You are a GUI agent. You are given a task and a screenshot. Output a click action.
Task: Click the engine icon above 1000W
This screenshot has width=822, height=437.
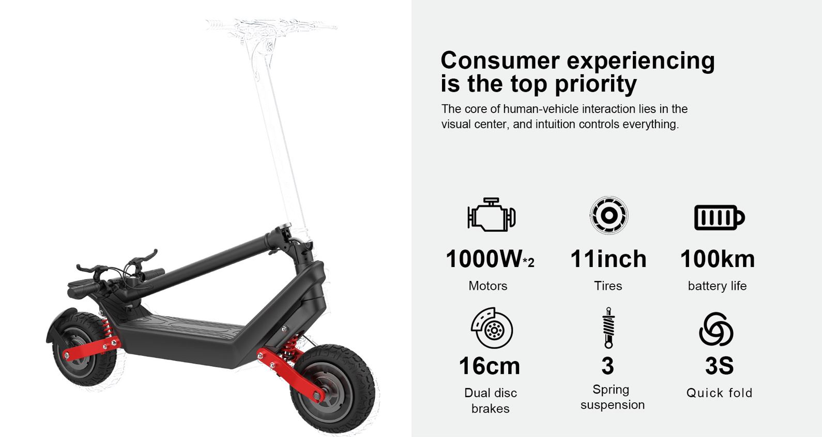click(x=491, y=214)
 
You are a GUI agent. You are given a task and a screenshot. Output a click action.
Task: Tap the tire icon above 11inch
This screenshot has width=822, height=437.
click(x=609, y=215)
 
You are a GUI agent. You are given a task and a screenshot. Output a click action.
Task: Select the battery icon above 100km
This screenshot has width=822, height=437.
click(x=719, y=217)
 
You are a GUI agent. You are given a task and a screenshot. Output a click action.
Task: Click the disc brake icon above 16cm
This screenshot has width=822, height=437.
click(x=492, y=327)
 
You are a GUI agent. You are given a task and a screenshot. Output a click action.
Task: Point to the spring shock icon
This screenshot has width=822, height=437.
click(x=608, y=327)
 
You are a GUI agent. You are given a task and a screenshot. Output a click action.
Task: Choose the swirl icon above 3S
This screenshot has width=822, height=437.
click(x=716, y=329)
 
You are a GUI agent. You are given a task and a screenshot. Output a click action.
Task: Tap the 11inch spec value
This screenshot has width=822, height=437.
click(x=608, y=259)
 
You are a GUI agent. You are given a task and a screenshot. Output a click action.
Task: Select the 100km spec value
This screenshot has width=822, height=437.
click(x=718, y=259)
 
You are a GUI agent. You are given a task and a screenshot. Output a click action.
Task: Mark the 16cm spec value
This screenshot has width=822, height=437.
click(x=490, y=366)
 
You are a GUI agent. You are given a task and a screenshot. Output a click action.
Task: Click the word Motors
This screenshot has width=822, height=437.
click(x=488, y=286)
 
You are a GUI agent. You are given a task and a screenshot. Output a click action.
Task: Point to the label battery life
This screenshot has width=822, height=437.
click(x=717, y=286)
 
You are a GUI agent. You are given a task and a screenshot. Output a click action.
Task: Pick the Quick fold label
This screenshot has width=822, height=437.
click(x=719, y=393)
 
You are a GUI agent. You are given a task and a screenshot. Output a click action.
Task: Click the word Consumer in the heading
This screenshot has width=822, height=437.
click(x=500, y=60)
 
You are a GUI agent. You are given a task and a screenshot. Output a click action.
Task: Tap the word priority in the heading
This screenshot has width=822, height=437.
click(x=596, y=84)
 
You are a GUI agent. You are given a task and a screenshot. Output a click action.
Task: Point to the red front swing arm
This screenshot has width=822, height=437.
click(x=290, y=374)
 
